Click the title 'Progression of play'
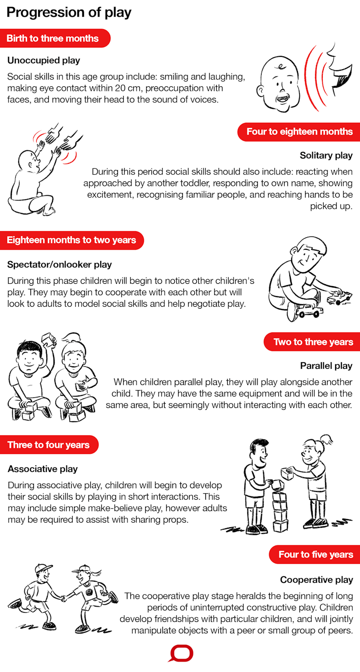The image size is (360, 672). [69, 12]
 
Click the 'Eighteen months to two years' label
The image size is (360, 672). [72, 240]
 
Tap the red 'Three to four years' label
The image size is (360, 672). [49, 445]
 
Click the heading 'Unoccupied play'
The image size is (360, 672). [44, 61]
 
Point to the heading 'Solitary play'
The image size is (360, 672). [326, 155]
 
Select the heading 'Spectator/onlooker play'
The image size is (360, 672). [59, 265]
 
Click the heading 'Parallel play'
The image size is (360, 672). [326, 366]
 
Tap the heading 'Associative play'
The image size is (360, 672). [42, 469]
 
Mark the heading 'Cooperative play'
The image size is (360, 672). [317, 580]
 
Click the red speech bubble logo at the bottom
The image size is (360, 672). [180, 654]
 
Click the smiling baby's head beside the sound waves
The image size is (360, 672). [278, 84]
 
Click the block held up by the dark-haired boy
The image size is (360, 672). [48, 340]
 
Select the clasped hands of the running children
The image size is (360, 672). [64, 598]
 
